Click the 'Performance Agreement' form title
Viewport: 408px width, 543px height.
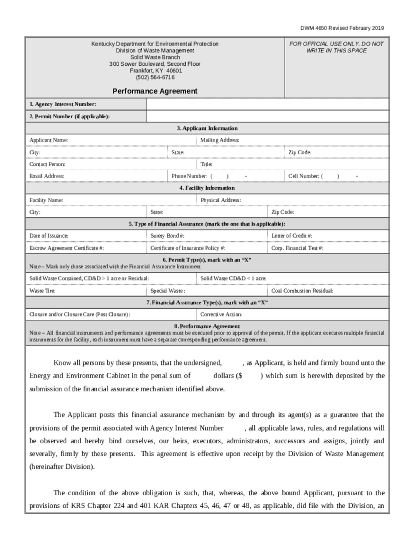[x=155, y=91]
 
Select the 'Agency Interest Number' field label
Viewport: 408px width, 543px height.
[x=63, y=104]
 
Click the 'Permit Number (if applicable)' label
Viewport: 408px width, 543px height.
[x=69, y=117]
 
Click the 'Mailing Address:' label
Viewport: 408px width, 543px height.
[x=220, y=140]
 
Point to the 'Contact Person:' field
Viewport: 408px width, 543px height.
[x=47, y=164]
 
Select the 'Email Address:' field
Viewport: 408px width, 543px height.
[x=47, y=176]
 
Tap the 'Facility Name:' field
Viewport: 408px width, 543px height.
[x=47, y=200]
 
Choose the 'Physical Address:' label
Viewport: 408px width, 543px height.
[x=220, y=200]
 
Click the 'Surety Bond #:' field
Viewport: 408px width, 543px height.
[x=167, y=235]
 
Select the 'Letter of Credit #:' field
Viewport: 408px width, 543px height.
[x=291, y=235]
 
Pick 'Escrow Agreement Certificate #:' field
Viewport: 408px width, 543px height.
[x=67, y=248]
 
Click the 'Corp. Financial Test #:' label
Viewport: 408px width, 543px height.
[x=297, y=248]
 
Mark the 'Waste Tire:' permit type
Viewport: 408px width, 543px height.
[x=42, y=291]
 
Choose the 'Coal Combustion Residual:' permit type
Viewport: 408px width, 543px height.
[x=302, y=291]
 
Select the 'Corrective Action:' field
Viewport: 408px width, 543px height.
[x=221, y=314]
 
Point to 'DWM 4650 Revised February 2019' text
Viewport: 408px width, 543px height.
[x=343, y=28]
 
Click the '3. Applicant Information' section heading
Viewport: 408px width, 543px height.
[x=207, y=128]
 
